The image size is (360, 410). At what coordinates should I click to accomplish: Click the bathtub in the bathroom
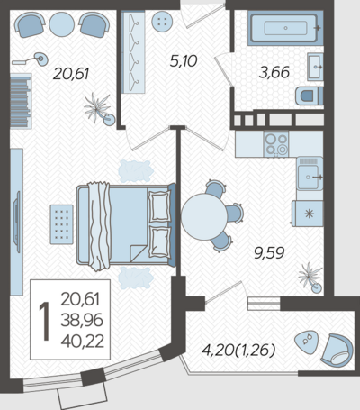click(x=285, y=28)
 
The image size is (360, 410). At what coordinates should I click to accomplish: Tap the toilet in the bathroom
click(x=309, y=96)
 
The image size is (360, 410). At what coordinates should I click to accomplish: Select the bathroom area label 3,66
click(x=274, y=72)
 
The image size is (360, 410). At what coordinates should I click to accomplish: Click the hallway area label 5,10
click(x=184, y=61)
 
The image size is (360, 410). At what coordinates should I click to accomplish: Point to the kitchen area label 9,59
click(x=269, y=253)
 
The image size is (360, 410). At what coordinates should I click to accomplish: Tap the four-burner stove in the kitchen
click(x=276, y=144)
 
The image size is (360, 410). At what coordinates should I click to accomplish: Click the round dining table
click(x=204, y=216)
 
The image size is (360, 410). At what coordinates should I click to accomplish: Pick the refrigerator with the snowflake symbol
click(x=308, y=214)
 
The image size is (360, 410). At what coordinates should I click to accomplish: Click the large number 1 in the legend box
click(x=44, y=322)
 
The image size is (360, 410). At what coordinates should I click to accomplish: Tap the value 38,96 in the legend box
click(x=82, y=320)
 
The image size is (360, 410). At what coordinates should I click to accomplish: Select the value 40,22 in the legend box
click(x=83, y=342)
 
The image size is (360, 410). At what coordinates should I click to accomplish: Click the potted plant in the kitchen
click(x=310, y=278)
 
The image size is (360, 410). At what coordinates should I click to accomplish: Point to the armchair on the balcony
click(x=337, y=351)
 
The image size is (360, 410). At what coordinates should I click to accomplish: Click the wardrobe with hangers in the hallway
click(x=133, y=52)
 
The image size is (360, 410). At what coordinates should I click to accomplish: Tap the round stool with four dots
click(x=162, y=22)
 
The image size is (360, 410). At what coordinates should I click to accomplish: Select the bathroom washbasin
click(x=315, y=67)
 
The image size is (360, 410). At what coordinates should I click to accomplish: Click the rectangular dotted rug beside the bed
click(x=62, y=224)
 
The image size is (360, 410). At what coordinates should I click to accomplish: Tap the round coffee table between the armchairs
click(x=61, y=24)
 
